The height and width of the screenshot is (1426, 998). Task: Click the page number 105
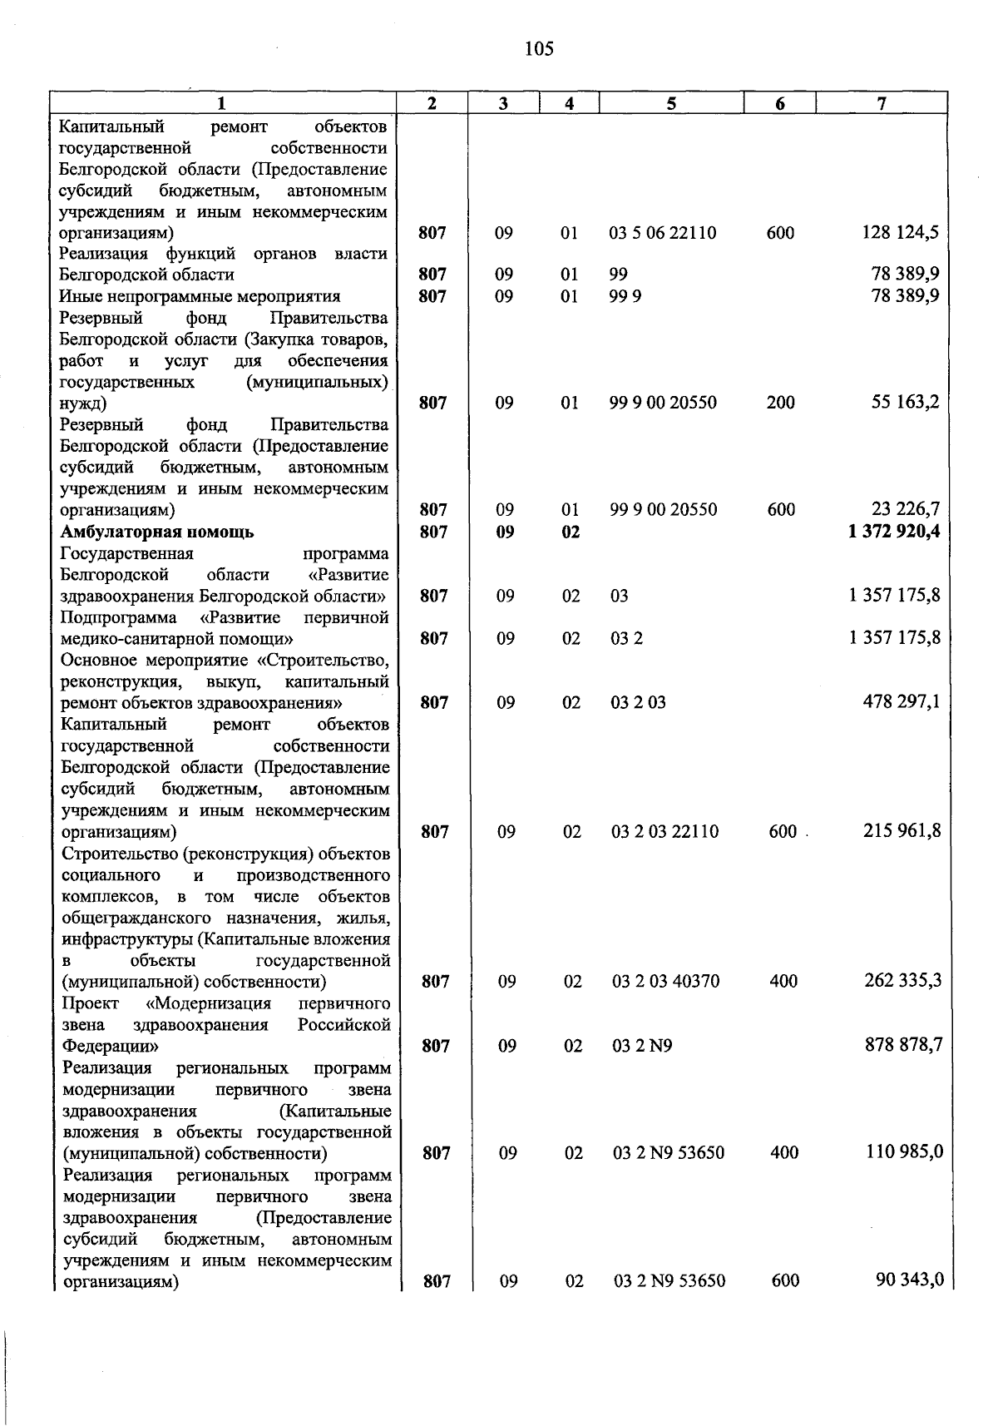pos(539,49)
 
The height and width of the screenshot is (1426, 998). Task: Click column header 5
pos(670,103)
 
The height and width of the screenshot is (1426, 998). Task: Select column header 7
pos(882,103)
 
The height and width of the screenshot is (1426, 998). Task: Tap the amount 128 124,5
pos(902,233)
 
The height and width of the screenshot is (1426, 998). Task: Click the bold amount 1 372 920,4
pos(895,532)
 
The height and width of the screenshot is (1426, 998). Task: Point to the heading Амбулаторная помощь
pos(157,532)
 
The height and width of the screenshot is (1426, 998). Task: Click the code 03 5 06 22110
pos(662,233)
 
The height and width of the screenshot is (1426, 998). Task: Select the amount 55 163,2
pos(906,403)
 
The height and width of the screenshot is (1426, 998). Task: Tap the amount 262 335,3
pos(903,980)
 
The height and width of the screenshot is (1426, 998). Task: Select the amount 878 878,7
pos(904,1044)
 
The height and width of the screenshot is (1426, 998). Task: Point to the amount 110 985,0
pos(904,1152)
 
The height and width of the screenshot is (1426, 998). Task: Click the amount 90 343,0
pos(910,1280)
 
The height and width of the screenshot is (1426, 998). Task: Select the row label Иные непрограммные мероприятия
pos(200,296)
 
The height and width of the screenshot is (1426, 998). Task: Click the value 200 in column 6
pos(780,403)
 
